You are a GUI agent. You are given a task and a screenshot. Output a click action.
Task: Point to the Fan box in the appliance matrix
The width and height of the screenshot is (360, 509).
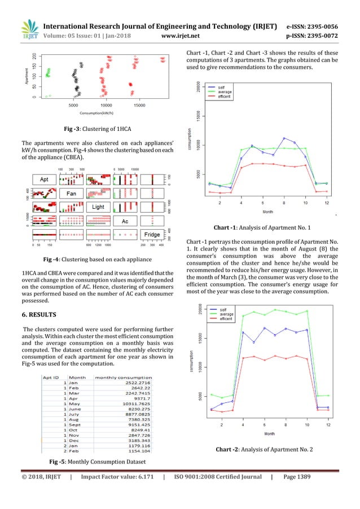(71, 194)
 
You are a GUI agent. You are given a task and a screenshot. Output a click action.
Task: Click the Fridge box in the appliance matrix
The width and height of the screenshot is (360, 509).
(152, 234)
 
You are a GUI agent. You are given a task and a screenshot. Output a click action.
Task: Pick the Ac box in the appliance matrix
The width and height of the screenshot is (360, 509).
(126, 221)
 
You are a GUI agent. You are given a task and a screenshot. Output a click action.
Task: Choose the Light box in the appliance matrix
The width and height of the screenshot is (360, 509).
(99, 207)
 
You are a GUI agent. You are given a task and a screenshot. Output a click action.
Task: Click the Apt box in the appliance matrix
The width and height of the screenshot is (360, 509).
(45, 179)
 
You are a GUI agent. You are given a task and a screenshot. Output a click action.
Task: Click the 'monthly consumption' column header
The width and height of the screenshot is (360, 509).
(123, 378)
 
